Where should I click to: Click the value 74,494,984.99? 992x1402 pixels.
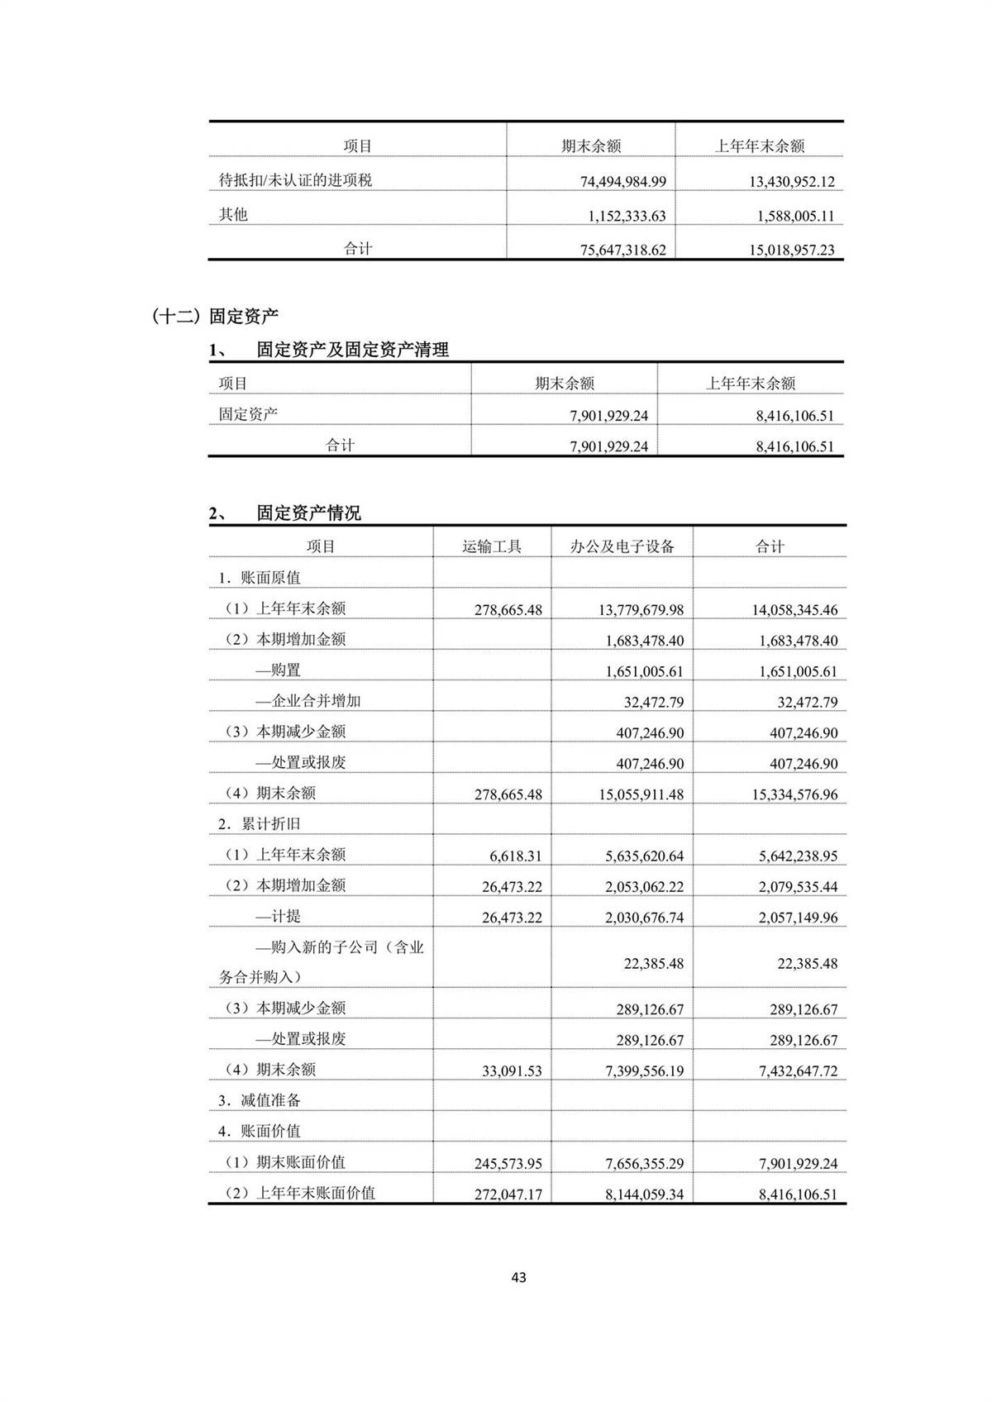(x=622, y=181)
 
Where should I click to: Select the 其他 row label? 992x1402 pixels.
(x=233, y=215)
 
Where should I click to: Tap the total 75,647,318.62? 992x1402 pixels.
(x=622, y=250)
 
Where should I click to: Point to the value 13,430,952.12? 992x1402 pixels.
(x=791, y=181)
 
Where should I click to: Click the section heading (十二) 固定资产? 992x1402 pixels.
(x=216, y=316)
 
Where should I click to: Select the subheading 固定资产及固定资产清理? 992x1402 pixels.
(x=352, y=350)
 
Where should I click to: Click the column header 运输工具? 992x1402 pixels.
(x=492, y=546)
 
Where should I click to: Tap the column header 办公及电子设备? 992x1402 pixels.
(x=622, y=546)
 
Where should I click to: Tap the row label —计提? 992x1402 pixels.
(x=278, y=916)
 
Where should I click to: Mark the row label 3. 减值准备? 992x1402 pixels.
(x=260, y=1100)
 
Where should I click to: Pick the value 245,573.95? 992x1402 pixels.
(x=508, y=1163)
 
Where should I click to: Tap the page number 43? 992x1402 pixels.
(x=518, y=1277)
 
